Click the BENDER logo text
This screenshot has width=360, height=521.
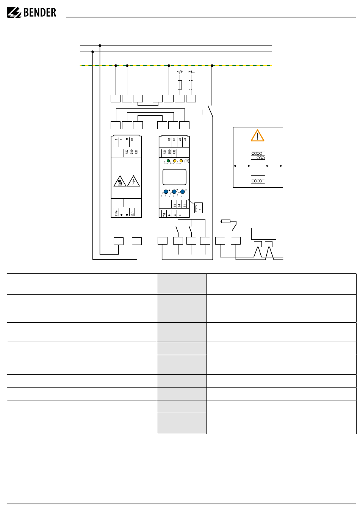(x=39, y=13)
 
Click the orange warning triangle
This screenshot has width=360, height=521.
(x=258, y=136)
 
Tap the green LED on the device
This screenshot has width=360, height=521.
(x=168, y=161)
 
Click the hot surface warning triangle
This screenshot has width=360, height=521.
(x=120, y=182)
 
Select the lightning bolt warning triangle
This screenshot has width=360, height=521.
(x=133, y=181)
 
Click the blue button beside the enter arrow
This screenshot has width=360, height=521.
(x=182, y=192)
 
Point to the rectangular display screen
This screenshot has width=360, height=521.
(x=174, y=177)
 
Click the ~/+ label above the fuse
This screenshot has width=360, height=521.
(x=180, y=72)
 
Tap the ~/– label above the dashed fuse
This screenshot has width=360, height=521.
(x=191, y=72)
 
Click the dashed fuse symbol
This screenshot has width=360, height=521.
(x=191, y=85)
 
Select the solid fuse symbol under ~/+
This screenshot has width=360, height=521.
(x=180, y=85)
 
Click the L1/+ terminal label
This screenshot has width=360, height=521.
(x=116, y=213)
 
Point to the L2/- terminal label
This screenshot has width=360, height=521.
(x=132, y=213)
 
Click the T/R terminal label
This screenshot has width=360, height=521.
(x=164, y=214)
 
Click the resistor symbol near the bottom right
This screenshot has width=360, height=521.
(x=225, y=221)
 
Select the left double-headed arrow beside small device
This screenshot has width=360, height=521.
(x=242, y=166)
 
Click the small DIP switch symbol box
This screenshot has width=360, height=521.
(x=198, y=208)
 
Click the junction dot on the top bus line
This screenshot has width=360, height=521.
(x=100, y=46)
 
